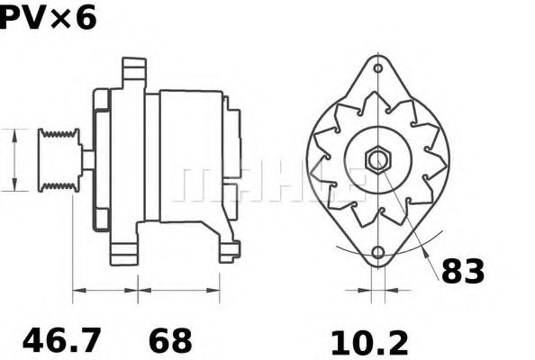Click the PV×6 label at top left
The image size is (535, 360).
pos(48,18)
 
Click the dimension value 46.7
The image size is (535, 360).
pos(62,340)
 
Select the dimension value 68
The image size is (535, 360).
pos(170,340)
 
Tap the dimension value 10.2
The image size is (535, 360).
pos(369,343)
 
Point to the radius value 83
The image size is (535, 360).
pos(463,271)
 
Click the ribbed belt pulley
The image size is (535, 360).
pos(59,160)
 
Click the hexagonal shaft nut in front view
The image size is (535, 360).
pos(378,159)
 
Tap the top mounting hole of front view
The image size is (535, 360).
pos(377,68)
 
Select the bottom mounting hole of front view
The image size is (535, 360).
pos(377,253)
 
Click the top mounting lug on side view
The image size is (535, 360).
pos(134,73)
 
